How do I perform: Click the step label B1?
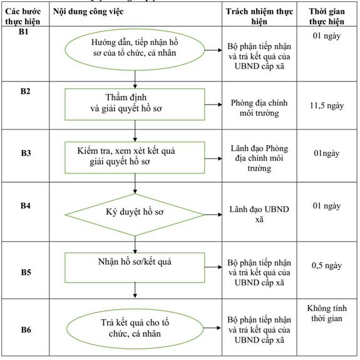24,31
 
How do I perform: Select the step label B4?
26,205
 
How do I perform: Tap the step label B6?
26,330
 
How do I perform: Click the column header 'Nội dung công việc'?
88,11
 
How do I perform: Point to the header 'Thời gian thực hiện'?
327,16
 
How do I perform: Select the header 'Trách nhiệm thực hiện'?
259,16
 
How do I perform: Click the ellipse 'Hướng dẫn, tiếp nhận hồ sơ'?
135,49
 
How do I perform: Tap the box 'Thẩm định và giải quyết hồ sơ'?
135,104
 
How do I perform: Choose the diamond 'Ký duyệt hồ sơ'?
135,215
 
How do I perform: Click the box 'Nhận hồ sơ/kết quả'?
135,267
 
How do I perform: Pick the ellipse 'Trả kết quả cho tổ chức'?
135,328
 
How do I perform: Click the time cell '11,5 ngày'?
327,106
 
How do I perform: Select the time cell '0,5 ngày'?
327,265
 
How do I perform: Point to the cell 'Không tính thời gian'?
327,313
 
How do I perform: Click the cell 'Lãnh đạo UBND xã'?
259,214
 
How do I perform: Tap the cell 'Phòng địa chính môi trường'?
259,108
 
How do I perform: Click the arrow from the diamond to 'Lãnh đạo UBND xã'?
213,215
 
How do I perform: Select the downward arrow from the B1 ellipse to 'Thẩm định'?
135,80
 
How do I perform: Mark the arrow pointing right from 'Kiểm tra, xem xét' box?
213,158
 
